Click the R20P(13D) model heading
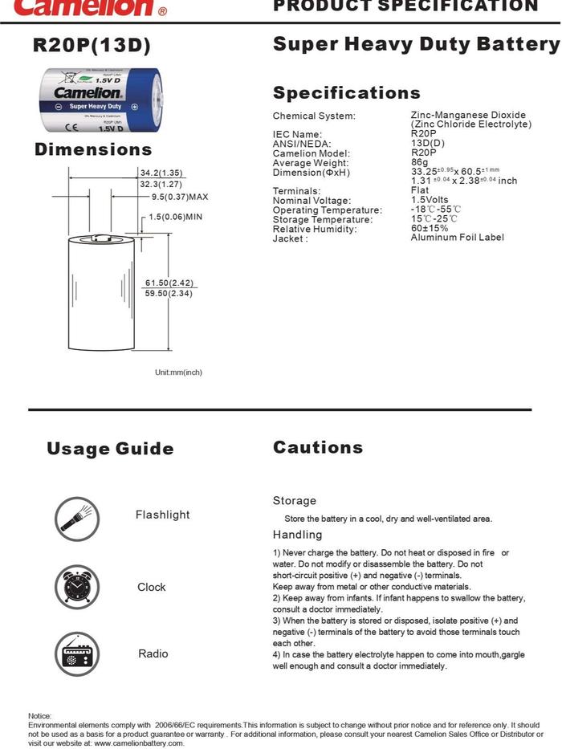point(92,46)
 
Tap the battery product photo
point(101,101)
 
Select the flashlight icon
point(77,517)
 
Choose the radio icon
point(77,653)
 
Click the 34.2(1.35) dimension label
point(161,173)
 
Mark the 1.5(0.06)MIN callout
point(175,217)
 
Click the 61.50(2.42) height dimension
point(169,283)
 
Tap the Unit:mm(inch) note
point(178,372)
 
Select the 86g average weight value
point(419,162)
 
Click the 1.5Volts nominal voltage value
point(430,200)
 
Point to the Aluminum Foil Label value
point(457,238)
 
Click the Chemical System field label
point(314,116)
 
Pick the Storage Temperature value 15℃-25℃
point(434,219)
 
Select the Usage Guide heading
point(110,449)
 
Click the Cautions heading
point(318,447)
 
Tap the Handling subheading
point(297,535)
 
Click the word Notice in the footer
point(39,715)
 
